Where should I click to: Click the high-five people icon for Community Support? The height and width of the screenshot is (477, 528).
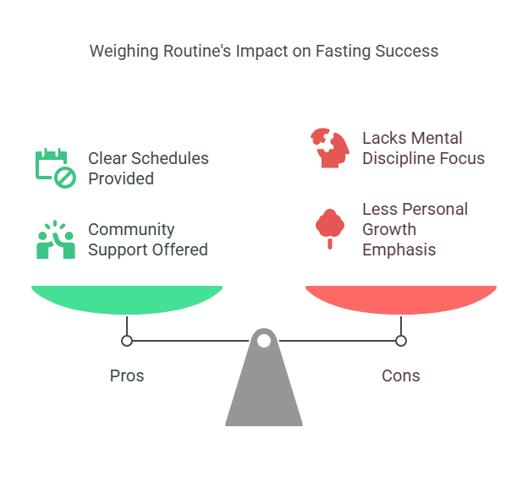pos(55,239)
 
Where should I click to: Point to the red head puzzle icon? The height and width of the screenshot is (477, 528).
pos(329,147)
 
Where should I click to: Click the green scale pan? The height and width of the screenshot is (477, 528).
pos(127,299)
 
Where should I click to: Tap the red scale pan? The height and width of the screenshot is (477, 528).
pos(401,299)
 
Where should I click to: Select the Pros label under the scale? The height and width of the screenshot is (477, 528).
pos(127,376)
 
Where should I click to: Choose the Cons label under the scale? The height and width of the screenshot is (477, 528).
pos(401,376)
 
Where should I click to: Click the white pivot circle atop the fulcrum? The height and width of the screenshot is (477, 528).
pos(264,341)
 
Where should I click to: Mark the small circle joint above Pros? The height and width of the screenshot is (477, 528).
pos(127,341)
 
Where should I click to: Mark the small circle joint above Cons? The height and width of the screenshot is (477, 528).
pos(401,341)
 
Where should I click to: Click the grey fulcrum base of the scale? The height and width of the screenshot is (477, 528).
pos(264,393)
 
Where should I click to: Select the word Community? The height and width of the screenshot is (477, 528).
pos(131,229)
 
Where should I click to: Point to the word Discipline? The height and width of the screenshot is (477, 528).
pos(395,158)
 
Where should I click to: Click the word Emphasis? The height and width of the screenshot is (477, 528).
pos(398,249)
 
